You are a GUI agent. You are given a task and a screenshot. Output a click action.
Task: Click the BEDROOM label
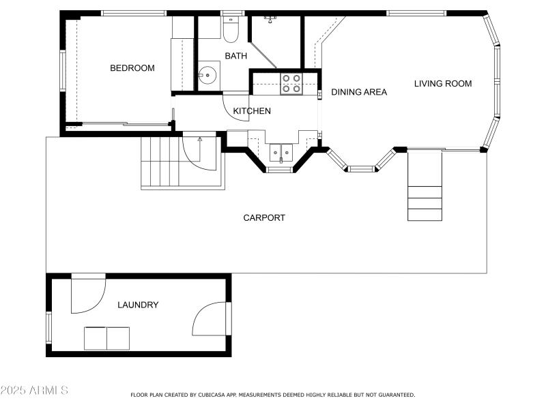point(132,68)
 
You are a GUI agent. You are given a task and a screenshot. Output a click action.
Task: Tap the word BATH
point(236,56)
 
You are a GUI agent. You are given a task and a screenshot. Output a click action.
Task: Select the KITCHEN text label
point(252,111)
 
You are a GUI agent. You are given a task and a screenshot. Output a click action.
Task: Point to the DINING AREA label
point(359,92)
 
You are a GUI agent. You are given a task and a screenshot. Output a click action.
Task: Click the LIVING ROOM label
point(443,84)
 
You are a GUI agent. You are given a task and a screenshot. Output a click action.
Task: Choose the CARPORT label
point(264,218)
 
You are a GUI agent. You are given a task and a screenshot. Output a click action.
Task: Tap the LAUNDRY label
point(138,305)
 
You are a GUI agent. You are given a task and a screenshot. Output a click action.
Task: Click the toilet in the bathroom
point(230,29)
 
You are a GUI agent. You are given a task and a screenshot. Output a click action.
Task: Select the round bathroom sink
point(209,74)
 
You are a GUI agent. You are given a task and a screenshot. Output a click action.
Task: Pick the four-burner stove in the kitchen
point(291,84)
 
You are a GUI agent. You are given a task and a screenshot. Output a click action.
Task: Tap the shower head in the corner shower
point(270,19)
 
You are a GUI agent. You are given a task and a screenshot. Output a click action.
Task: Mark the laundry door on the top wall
point(87,294)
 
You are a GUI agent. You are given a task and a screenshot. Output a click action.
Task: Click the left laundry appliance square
point(96,338)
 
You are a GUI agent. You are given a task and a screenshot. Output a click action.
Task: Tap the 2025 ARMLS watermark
point(34,391)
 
